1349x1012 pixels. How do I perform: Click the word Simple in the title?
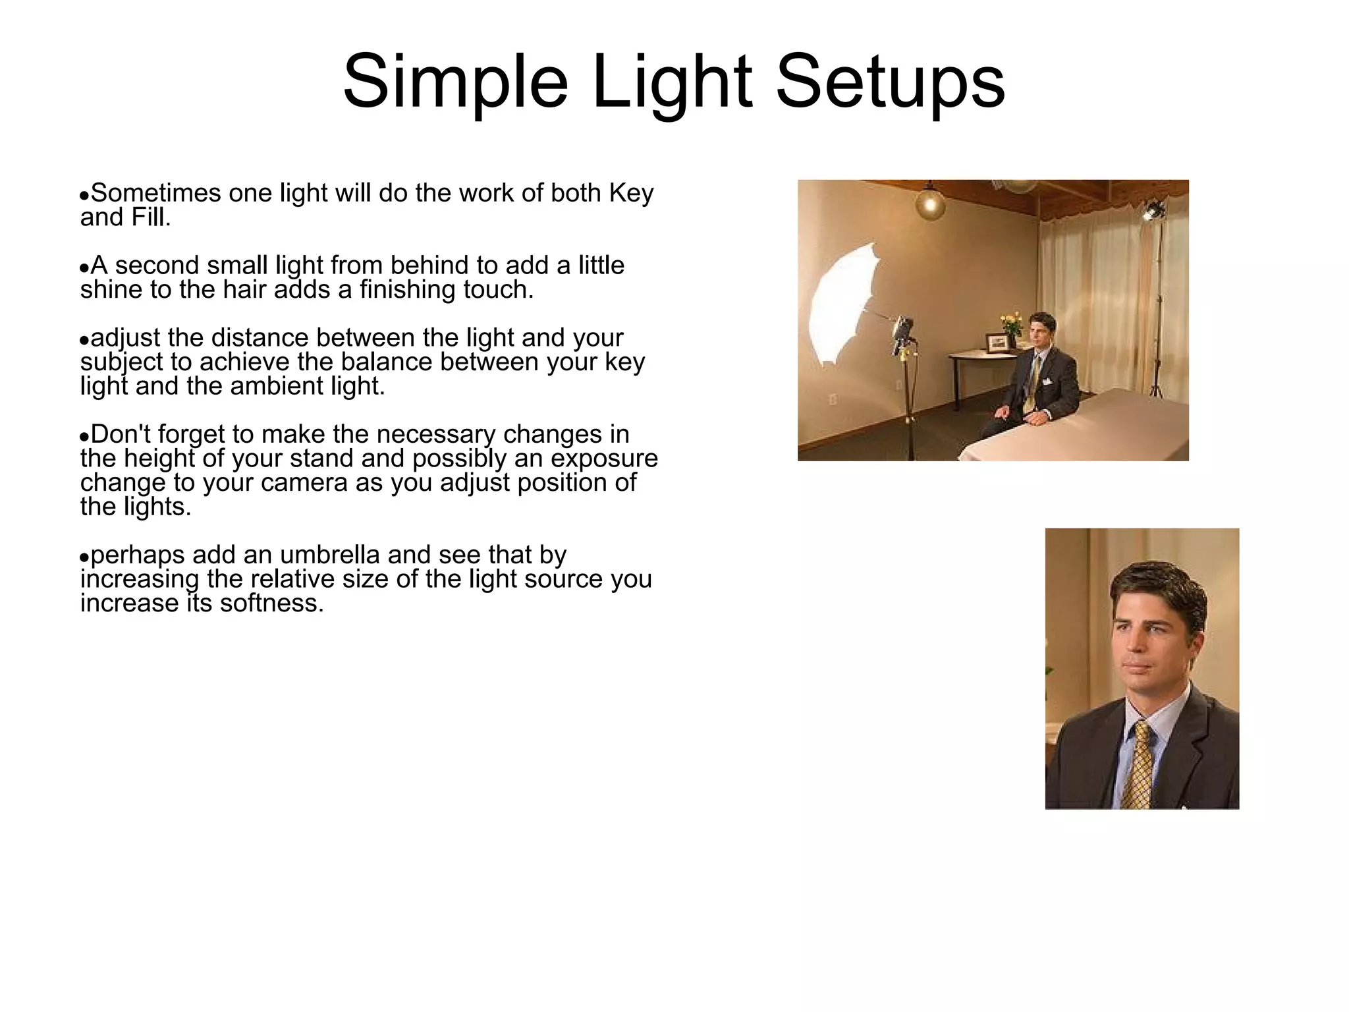click(454, 82)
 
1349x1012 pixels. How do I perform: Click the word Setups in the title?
click(891, 82)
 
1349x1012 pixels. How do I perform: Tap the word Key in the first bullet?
click(631, 193)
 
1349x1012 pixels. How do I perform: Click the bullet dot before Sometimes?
click(84, 196)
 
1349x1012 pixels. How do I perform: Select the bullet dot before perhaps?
click(84, 558)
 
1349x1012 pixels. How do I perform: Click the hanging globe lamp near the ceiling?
click(930, 203)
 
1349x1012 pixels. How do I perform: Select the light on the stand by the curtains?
click(1152, 210)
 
